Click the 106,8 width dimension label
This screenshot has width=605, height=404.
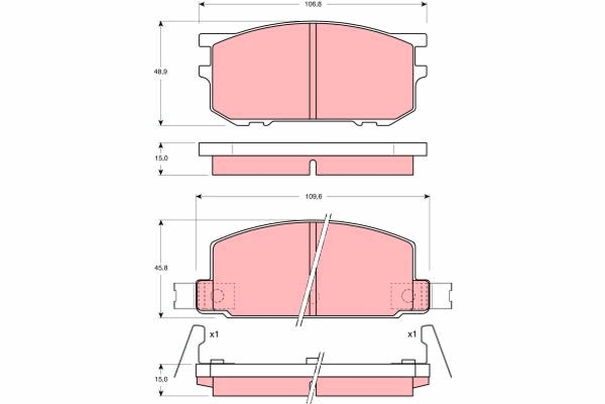click(313, 5)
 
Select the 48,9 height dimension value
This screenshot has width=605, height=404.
click(161, 72)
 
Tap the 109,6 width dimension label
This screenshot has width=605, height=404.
click(314, 196)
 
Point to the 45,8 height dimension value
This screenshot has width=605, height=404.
click(161, 268)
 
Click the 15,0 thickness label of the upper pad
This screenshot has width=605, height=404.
click(161, 158)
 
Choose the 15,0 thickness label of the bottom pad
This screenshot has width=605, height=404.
click(161, 379)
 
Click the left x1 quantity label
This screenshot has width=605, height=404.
click(214, 335)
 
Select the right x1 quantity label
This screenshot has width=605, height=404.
click(412, 335)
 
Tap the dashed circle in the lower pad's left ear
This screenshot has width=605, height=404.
click(218, 295)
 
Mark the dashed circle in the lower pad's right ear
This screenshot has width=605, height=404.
click(407, 295)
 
